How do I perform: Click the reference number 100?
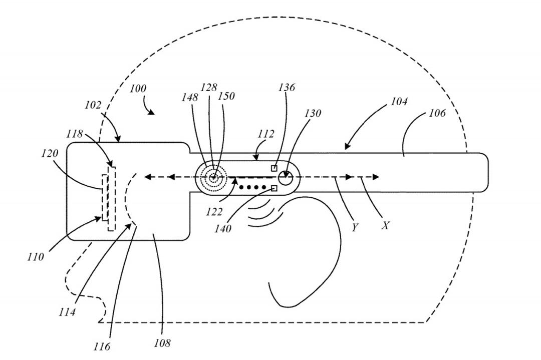click(138, 89)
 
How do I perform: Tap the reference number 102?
click(93, 105)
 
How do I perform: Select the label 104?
click(399, 101)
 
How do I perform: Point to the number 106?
click(437, 113)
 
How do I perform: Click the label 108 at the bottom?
click(162, 343)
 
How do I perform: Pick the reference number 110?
click(36, 256)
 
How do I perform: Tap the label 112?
click(265, 134)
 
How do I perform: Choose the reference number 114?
click(67, 312)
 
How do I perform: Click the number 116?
click(101, 346)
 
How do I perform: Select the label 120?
click(50, 153)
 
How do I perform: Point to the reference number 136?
click(287, 87)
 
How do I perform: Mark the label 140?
click(222, 228)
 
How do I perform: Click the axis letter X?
click(385, 225)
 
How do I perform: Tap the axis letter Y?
click(354, 227)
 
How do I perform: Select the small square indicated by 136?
click(274, 168)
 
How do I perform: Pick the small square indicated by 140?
click(275, 188)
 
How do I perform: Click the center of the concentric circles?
click(213, 178)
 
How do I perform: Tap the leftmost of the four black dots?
click(241, 188)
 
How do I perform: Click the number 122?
click(214, 211)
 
